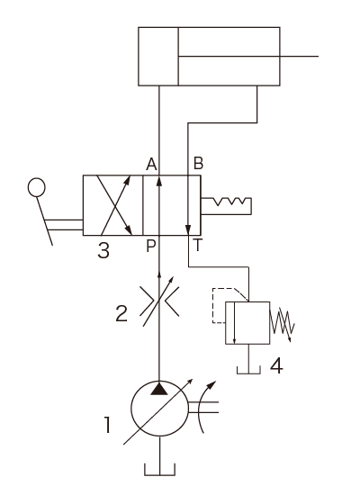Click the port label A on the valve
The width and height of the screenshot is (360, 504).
click(151, 165)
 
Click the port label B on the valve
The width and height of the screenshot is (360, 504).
click(198, 163)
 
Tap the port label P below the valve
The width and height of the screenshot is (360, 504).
click(151, 247)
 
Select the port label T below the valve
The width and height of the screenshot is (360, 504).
click(198, 245)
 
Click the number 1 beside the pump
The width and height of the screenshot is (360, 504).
click(107, 425)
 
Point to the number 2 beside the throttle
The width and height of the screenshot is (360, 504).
click(121, 313)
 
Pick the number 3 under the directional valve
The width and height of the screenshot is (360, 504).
click(103, 250)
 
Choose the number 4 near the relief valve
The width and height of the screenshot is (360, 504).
click(276, 365)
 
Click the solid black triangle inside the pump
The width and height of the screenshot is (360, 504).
click(159, 388)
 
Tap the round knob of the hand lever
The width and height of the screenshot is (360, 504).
click(36, 187)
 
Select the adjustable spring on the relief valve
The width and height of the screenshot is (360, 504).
click(282, 324)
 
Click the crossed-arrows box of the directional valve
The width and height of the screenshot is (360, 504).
click(112, 205)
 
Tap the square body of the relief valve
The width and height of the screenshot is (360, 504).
click(247, 323)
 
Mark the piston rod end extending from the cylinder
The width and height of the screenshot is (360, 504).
click(318, 56)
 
